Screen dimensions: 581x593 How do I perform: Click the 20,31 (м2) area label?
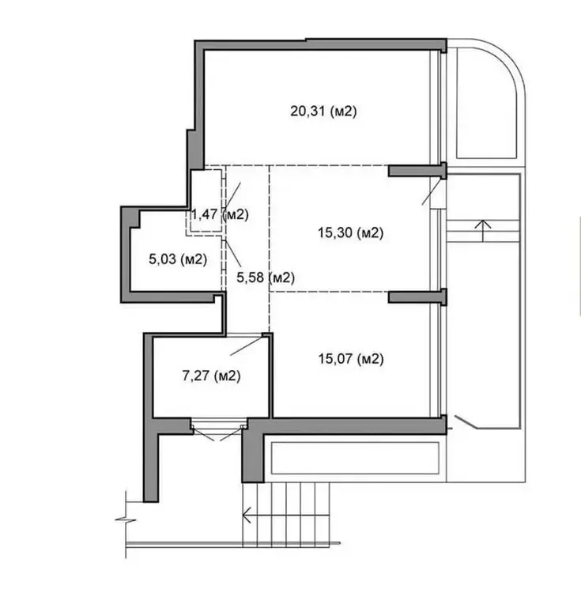(x=323, y=111)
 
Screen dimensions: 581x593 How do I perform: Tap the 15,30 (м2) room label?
(x=350, y=232)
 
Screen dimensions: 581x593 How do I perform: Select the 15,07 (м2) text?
(x=351, y=358)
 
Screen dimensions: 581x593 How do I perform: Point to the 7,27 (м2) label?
(x=211, y=376)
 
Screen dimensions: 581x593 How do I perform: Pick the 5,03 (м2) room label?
(x=178, y=259)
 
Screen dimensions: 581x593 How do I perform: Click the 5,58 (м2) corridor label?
(x=266, y=278)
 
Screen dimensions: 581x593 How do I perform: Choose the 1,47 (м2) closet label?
(x=220, y=214)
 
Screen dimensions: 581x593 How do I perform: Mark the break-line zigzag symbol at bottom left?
(x=126, y=520)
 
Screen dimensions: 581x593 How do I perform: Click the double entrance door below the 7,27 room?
(x=218, y=430)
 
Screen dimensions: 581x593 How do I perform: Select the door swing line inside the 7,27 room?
(x=247, y=346)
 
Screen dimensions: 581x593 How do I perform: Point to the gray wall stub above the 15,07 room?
(x=417, y=296)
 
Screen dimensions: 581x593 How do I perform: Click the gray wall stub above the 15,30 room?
(x=417, y=171)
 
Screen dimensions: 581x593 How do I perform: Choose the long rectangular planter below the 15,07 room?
(x=355, y=458)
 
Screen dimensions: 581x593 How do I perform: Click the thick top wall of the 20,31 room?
(x=321, y=44)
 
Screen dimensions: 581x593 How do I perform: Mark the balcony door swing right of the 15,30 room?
(x=432, y=192)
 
